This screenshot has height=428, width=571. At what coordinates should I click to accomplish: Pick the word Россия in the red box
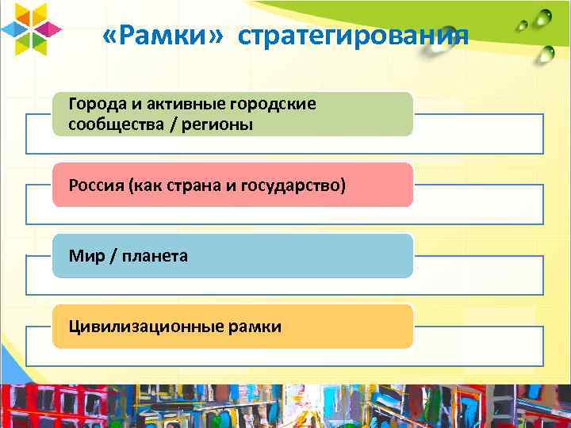click(x=93, y=185)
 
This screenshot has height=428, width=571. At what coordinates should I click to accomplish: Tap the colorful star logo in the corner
click(x=32, y=30)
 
